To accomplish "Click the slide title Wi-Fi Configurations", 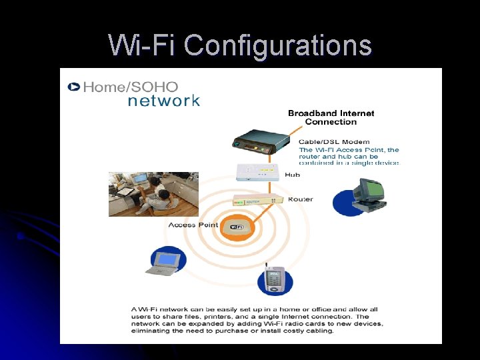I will pos(240,45).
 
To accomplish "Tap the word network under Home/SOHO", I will pos(163,101).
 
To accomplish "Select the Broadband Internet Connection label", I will pos(331,117).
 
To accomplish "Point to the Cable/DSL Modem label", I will pos(334,142).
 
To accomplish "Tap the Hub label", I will pos(292,175).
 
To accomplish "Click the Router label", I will pos(300,199).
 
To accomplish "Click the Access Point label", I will pos(193,225).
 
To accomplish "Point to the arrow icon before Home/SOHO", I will pos(73,87).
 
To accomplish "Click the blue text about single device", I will pos(349,157).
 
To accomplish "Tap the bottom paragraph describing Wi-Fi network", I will pos(257,320).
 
